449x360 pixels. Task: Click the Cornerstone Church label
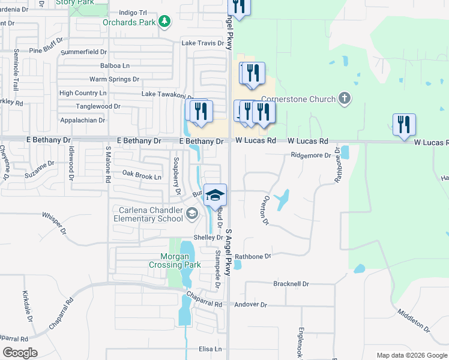297,99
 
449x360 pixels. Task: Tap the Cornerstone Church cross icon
345,98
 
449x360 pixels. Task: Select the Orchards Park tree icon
164,22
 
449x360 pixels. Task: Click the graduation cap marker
215,195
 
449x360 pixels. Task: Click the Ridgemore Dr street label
311,155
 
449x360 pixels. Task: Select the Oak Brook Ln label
142,176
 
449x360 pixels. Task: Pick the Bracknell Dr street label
291,284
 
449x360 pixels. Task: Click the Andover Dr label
251,305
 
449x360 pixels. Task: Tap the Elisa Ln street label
210,349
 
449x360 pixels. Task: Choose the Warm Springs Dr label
114,79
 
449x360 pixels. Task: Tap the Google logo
20,353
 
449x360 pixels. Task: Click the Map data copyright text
411,355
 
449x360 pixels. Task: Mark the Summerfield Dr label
83,52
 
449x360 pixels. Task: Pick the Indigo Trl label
133,12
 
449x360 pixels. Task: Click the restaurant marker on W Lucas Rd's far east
404,124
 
